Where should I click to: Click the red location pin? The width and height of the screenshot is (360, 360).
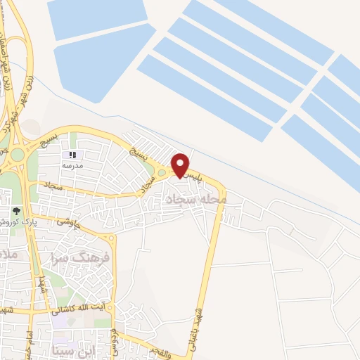point(181,165)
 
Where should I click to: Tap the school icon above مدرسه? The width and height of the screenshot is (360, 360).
point(72,155)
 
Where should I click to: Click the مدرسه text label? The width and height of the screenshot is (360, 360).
point(72,165)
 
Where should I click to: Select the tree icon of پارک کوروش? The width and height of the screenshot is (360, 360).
point(16,210)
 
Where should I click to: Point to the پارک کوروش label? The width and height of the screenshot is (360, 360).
point(15,221)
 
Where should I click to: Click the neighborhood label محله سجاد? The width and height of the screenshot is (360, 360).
point(195,200)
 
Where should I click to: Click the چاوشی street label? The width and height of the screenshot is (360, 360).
point(67,224)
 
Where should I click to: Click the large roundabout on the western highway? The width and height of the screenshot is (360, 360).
point(17,154)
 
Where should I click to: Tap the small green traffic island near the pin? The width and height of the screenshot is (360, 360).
point(162,173)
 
